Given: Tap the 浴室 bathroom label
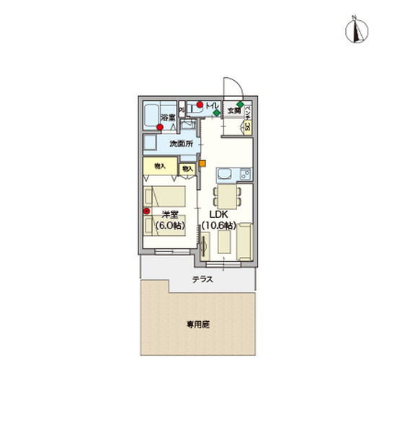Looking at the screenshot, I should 167,118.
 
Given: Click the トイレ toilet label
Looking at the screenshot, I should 211,107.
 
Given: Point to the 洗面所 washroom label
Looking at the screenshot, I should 182,144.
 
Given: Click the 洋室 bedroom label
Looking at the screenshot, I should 170,214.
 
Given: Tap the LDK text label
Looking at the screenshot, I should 218,214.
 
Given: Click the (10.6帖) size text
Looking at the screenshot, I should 218,226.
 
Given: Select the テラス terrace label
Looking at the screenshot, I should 202,279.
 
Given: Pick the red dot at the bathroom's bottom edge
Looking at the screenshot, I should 159,128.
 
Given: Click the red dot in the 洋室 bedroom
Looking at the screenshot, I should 146,211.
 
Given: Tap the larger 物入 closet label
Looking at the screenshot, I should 160,166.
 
